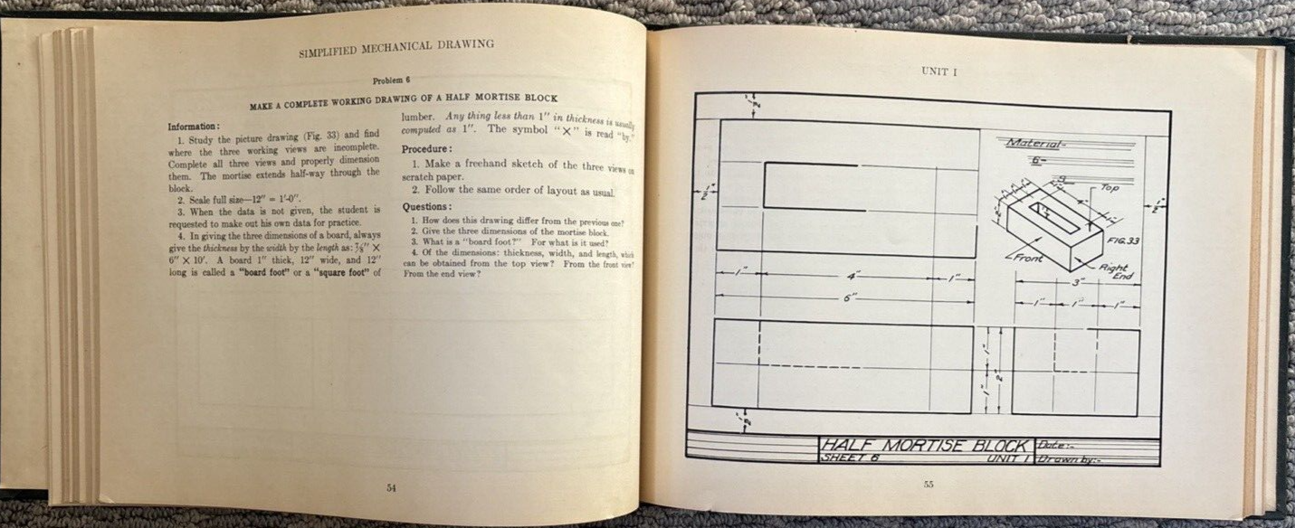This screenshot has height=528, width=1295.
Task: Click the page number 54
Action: click(x=391, y=488)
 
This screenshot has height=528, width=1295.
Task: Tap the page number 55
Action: click(x=928, y=485)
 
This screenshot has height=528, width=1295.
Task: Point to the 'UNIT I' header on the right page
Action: click(x=939, y=71)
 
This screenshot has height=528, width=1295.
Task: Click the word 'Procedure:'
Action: click(x=427, y=148)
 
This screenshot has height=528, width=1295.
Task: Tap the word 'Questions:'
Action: click(x=427, y=207)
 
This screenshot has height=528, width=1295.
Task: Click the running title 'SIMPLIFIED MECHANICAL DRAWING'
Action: click(x=396, y=47)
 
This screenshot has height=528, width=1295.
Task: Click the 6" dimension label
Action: click(x=850, y=297)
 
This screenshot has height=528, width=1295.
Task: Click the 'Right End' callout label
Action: click(x=1115, y=272)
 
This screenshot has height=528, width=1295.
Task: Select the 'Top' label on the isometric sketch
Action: click(x=1110, y=188)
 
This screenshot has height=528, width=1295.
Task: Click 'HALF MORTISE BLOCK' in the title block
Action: click(x=925, y=445)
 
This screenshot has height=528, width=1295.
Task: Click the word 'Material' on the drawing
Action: click(x=1036, y=143)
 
